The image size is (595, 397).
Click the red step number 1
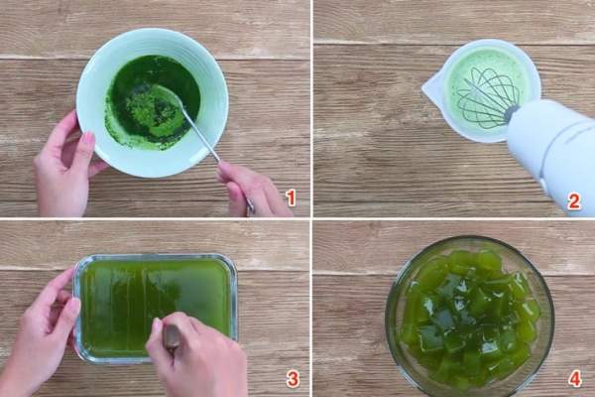[291, 198]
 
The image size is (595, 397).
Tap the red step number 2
[574, 201]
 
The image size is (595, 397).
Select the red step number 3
[293, 379]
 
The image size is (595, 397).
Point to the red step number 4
[574, 379]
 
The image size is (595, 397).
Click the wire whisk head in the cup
[488, 98]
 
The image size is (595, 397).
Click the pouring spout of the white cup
[429, 90]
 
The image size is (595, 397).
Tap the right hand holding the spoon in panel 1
[251, 190]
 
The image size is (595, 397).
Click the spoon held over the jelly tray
[172, 338]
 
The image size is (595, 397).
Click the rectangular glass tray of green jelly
[156, 308]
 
